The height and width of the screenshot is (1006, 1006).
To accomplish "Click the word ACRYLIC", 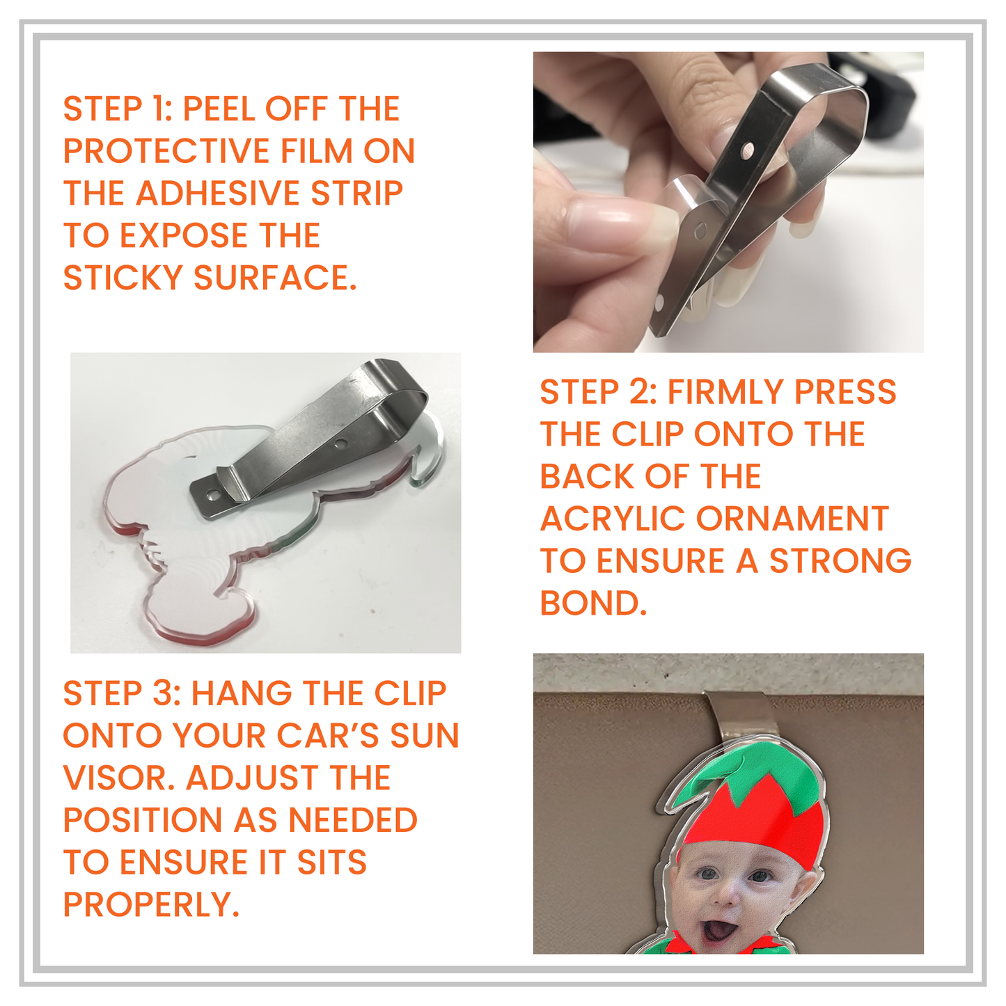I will (x=613, y=519).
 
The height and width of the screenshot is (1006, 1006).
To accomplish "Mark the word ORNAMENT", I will (x=792, y=519).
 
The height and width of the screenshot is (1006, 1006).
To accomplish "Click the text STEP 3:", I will (x=121, y=694).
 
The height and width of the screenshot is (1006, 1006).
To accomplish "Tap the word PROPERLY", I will (x=150, y=905).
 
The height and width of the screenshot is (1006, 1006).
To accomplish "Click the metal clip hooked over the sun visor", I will (x=739, y=717).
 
